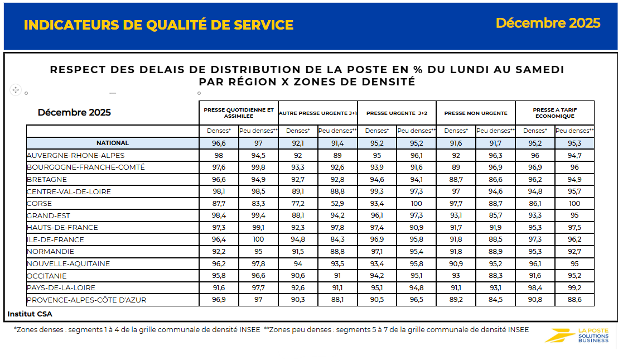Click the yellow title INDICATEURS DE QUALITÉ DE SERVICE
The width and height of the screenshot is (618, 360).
(x=159, y=25)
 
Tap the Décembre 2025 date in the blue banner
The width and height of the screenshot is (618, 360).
(x=548, y=23)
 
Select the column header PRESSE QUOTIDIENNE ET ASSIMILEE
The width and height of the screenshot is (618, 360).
(x=239, y=113)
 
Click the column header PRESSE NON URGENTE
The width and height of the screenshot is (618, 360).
(x=476, y=113)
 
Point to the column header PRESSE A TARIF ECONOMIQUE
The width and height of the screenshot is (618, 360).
(x=555, y=113)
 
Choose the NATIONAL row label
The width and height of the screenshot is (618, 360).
(x=113, y=143)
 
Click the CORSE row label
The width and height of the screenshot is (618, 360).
(x=41, y=204)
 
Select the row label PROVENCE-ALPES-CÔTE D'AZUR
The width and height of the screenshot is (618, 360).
(x=86, y=300)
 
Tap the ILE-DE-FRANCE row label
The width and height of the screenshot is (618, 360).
(x=55, y=240)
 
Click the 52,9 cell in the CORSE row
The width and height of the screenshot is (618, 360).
(x=337, y=204)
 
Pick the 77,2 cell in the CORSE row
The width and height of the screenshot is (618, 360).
(x=298, y=204)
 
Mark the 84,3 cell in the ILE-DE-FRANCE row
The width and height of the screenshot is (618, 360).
(x=337, y=240)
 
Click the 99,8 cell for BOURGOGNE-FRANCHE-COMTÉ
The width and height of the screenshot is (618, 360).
(x=258, y=167)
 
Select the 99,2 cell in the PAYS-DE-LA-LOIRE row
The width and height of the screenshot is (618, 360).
(x=574, y=288)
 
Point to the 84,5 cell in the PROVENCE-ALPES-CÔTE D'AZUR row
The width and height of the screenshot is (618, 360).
(x=495, y=300)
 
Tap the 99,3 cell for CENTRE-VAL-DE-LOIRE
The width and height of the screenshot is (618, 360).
(x=377, y=191)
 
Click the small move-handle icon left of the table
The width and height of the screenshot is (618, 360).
(x=16, y=89)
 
